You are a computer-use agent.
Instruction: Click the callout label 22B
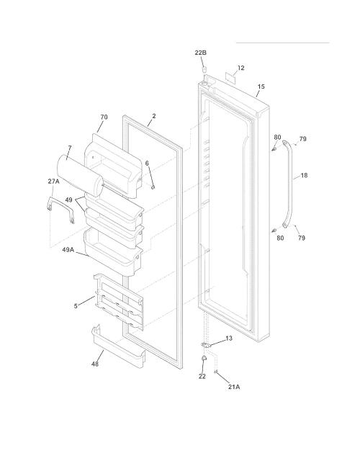(200, 53)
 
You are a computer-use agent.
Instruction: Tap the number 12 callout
(241, 68)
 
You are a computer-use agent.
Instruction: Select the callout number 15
(261, 86)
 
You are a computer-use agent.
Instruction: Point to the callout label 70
(104, 117)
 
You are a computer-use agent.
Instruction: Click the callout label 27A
(53, 181)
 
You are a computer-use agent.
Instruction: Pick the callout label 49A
(68, 250)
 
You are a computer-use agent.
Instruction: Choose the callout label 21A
(234, 387)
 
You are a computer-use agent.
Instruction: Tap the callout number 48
(95, 364)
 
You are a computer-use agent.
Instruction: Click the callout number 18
(304, 175)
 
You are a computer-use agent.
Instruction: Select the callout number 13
(229, 339)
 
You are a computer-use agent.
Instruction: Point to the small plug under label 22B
(204, 70)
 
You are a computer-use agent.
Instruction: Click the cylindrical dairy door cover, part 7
(80, 175)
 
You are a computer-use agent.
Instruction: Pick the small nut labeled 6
(153, 187)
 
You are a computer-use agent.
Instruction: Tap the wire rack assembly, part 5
(119, 302)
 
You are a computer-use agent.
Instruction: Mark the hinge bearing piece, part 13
(207, 345)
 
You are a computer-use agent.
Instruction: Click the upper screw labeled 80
(274, 148)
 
